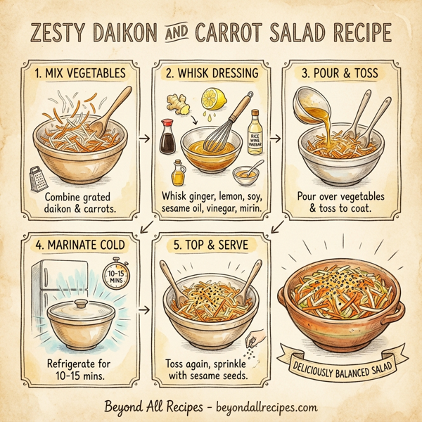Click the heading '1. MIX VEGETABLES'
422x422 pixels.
pyautogui.click(x=82, y=72)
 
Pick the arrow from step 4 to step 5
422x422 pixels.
pyautogui.click(x=146, y=309)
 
